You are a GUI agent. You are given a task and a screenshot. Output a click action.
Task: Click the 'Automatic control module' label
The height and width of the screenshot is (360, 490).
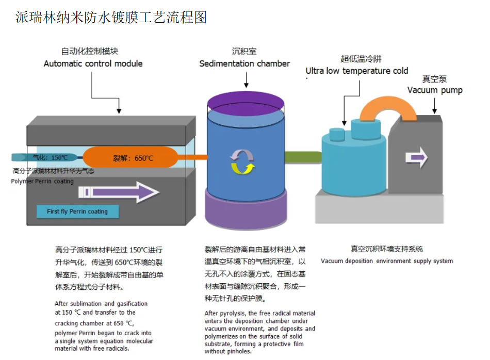tap(93, 63)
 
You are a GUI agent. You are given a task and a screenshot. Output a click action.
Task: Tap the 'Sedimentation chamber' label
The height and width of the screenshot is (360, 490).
tap(244, 63)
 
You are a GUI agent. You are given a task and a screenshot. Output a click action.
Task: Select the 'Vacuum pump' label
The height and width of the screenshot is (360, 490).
tap(435, 90)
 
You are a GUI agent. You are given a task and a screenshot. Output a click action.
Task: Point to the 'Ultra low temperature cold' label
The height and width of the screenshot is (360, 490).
tap(356, 71)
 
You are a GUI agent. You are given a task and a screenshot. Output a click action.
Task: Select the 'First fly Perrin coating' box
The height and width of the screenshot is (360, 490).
tap(77, 211)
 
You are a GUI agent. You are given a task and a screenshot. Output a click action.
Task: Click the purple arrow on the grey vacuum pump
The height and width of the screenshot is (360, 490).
tap(416, 157)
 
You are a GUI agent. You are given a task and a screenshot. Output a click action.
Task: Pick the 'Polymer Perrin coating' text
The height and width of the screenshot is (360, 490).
tap(42, 181)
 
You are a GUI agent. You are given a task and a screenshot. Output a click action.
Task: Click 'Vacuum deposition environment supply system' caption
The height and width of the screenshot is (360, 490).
tap(387, 261)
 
